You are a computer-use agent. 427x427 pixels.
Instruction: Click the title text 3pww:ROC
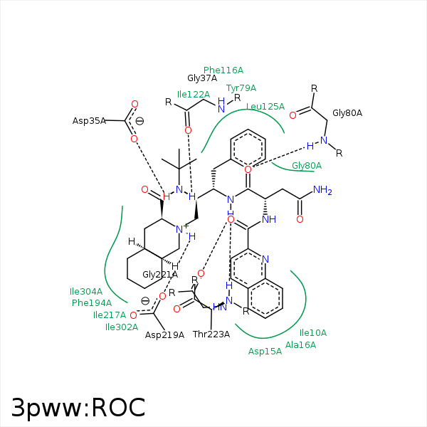coord(78,407)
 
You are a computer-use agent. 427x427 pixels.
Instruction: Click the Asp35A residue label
coord(89,121)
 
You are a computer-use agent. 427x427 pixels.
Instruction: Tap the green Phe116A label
coord(223,70)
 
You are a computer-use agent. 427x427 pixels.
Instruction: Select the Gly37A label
coord(202,78)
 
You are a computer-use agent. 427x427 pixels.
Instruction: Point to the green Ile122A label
coord(194,94)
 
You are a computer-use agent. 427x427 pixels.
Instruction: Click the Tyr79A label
coord(241,88)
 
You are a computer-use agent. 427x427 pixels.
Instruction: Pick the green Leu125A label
coord(265,107)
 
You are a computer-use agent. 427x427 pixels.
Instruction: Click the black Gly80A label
coord(347,113)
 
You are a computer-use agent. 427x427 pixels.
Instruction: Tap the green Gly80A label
coord(307,166)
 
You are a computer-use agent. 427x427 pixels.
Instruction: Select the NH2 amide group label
coord(322,190)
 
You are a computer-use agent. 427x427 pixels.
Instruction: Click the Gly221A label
coord(160,274)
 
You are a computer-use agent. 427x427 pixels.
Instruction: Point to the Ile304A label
coord(86,292)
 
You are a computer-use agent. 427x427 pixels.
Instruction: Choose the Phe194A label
coord(92,303)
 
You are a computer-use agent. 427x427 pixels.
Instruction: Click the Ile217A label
coord(110,315)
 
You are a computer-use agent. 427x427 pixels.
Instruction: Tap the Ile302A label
coord(122,327)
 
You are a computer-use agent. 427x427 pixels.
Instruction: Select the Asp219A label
coord(164,335)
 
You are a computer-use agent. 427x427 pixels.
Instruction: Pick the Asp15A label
coord(265,351)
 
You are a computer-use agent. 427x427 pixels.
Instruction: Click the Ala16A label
coord(300,345)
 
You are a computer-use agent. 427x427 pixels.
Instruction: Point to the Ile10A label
coord(313,333)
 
